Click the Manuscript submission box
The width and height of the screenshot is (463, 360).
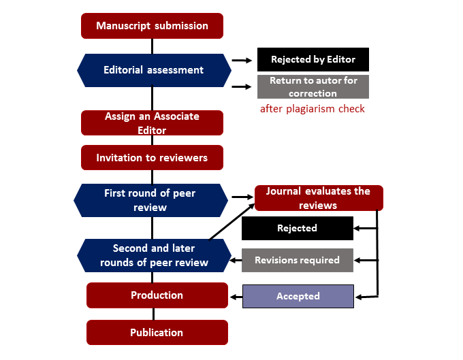coord(152,26)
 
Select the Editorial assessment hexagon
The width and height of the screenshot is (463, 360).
coord(153,70)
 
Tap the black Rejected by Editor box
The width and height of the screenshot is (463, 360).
coord(313,60)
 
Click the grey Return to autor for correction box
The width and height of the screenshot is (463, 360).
coord(313,87)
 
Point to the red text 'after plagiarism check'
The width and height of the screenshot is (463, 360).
coord(313,109)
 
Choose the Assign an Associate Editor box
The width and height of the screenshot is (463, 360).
coord(152,123)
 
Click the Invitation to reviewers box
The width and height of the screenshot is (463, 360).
coord(152,158)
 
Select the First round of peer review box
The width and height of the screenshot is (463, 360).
coord(150,200)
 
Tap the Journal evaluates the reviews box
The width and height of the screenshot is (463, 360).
coord(319,198)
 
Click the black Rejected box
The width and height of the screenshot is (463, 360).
coord(297,229)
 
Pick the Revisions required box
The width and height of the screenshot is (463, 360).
coord(297,261)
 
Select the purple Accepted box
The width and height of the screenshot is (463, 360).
coord(298,296)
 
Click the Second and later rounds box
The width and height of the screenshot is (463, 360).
coord(153,255)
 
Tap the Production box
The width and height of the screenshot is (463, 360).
coord(157,295)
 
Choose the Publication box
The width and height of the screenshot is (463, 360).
coord(157,333)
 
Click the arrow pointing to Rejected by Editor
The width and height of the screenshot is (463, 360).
coord(241,60)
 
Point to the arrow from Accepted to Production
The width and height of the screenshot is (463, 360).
coord(236,296)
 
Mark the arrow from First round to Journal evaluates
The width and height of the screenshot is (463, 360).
coord(241,197)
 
